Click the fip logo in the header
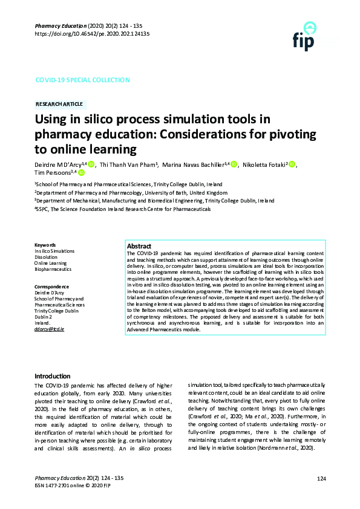(x=304, y=36)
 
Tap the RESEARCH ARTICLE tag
(x=60, y=104)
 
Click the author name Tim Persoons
(x=51, y=173)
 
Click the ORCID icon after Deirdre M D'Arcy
(x=91, y=164)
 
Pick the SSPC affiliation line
(x=123, y=209)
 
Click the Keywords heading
(x=45, y=245)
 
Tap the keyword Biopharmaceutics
(x=53, y=269)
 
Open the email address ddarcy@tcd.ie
(x=49, y=328)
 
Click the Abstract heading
(x=139, y=247)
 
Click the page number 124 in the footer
(x=321, y=479)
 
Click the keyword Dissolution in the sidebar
(x=46, y=257)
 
